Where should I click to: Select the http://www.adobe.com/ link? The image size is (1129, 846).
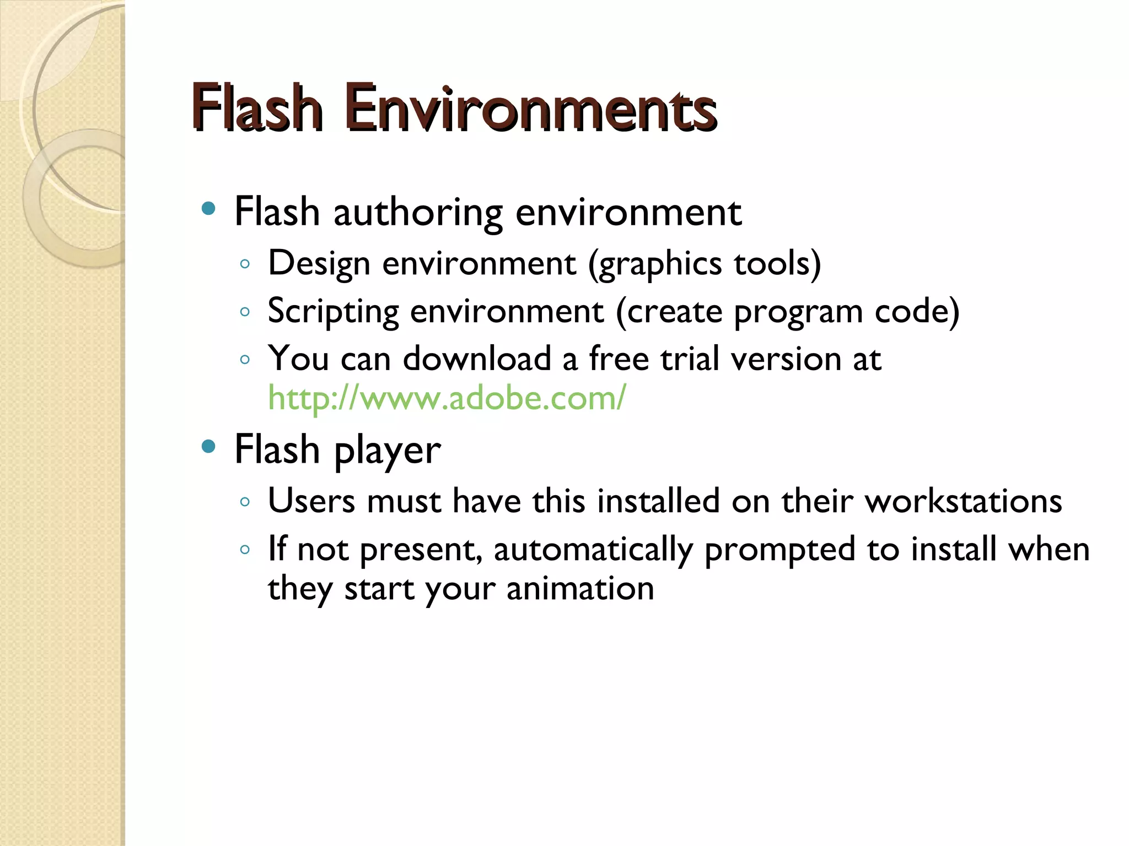click(447, 398)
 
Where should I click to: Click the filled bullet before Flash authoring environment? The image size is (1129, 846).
click(208, 209)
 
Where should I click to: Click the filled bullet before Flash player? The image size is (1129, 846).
click(208, 446)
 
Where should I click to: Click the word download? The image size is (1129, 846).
click(477, 359)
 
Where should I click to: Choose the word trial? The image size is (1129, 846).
click(690, 359)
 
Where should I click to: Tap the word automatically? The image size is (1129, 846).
click(593, 550)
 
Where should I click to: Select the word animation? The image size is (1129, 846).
click(580, 589)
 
